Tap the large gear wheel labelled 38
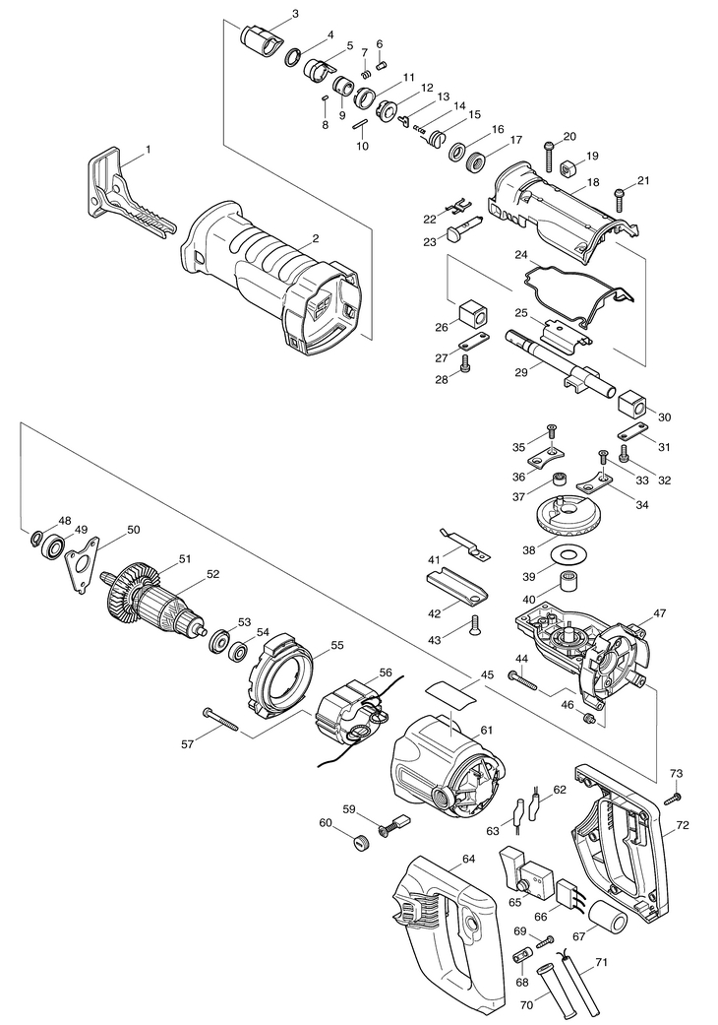[564, 516]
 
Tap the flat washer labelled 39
[564, 550]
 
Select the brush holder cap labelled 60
[361, 842]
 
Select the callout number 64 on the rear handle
[468, 861]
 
